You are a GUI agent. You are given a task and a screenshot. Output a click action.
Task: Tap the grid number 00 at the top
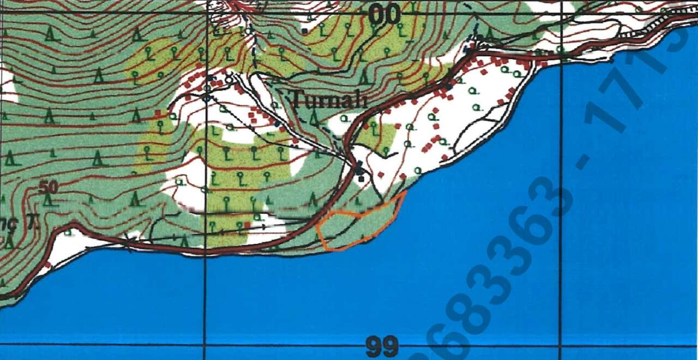[384, 15]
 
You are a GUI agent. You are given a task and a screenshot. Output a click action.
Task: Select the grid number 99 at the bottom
[382, 346]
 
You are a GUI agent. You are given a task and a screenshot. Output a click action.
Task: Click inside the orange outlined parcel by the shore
[357, 226]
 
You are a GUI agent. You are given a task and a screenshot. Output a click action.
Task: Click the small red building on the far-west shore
[48, 265]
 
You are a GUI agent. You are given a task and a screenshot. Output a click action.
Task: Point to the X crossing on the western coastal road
[129, 241]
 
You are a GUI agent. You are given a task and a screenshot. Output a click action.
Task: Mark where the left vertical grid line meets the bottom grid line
[205, 345]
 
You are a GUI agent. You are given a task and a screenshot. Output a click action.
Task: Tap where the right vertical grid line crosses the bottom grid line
[560, 345]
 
